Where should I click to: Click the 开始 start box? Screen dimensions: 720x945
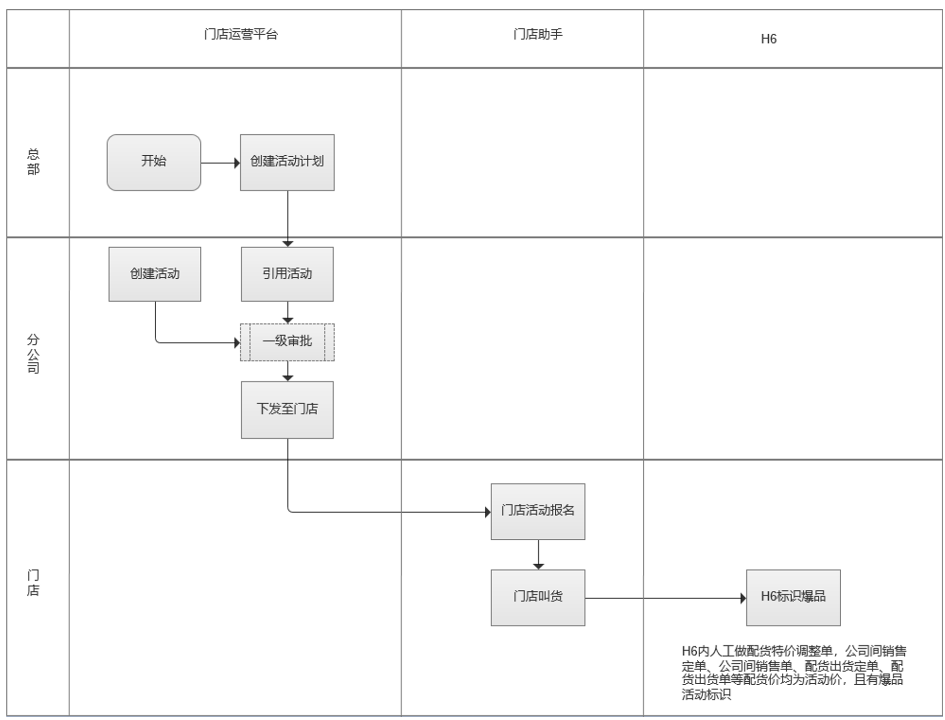coord(154,162)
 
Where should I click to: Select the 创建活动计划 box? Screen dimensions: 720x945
coord(287,162)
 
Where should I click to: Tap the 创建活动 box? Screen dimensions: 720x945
coord(155,274)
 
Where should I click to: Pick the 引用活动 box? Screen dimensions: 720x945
coord(287,274)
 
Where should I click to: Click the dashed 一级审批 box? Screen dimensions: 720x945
coord(287,342)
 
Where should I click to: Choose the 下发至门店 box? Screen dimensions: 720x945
coord(287,409)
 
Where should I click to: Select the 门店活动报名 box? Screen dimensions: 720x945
coord(538,511)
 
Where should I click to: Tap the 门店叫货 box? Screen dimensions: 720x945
coord(538,597)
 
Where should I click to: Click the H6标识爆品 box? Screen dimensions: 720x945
coord(793,597)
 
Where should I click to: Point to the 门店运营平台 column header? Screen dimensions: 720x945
coord(240,35)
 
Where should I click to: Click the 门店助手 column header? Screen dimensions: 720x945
coord(538,35)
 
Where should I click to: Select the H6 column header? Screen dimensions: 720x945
coord(768,39)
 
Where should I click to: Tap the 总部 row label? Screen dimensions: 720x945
coord(33,162)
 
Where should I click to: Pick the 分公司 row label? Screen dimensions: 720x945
coord(33,353)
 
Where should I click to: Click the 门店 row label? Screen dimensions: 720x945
coord(33,582)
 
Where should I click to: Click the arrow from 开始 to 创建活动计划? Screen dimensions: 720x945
coord(220,163)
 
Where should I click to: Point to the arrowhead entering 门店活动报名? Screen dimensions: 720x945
coord(488,512)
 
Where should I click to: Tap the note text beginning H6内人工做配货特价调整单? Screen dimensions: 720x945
coord(793,672)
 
